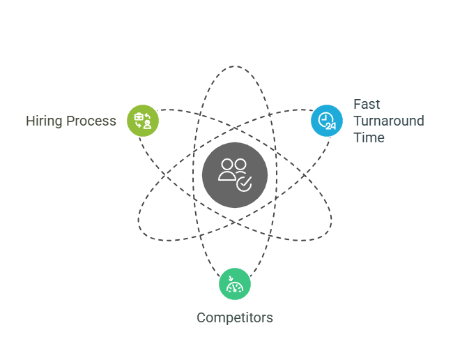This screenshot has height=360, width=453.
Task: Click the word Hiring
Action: click(x=44, y=121)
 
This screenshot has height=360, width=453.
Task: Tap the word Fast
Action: click(x=367, y=104)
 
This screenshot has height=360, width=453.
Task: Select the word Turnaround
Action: click(x=388, y=121)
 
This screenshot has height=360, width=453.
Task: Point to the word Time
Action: click(x=369, y=137)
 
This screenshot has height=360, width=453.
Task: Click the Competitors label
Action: click(x=234, y=318)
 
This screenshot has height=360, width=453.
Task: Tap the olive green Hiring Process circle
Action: click(x=143, y=121)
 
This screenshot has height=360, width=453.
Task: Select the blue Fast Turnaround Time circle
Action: click(x=326, y=121)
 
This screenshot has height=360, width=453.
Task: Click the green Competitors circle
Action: click(x=234, y=285)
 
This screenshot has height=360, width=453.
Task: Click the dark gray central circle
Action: click(x=234, y=174)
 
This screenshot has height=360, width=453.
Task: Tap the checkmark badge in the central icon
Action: click(x=244, y=184)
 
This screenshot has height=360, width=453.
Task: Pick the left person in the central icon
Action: click(x=227, y=170)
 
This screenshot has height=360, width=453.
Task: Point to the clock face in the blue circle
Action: click(x=323, y=118)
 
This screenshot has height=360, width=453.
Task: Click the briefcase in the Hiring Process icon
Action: click(x=139, y=116)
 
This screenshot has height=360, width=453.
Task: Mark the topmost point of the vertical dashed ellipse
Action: click(x=234, y=66)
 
